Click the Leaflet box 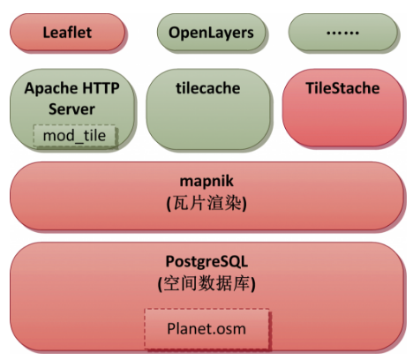(67, 32)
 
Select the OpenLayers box (211, 32)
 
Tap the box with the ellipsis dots (343, 32)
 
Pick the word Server (71, 109)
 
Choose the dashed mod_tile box (74, 135)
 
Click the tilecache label (208, 88)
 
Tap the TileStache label (342, 88)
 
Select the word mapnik (206, 181)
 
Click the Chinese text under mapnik (206, 203)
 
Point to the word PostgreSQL (206, 261)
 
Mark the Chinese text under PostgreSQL (206, 283)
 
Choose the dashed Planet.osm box (206, 328)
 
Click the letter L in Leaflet (47, 32)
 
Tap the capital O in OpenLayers (175, 33)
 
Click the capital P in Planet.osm (171, 328)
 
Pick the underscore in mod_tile (79, 143)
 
